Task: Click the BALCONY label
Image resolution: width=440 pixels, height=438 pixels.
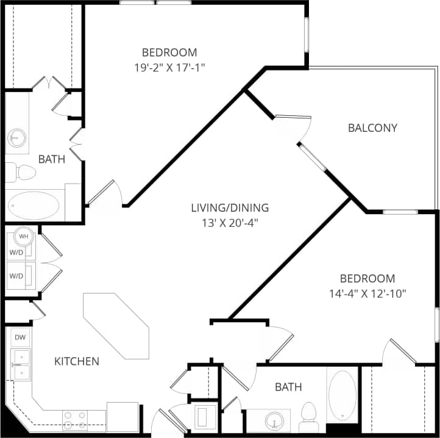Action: click(x=372, y=127)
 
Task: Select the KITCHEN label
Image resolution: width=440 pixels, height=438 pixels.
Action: click(x=77, y=361)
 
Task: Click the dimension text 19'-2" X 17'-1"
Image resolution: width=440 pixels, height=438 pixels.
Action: click(x=169, y=67)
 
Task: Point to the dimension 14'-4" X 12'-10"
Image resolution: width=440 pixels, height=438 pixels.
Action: click(x=367, y=293)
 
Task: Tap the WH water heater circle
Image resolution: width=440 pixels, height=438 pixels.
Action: click(x=24, y=236)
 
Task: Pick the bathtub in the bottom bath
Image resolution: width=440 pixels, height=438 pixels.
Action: click(x=343, y=395)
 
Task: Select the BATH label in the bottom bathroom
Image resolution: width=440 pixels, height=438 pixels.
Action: click(x=288, y=387)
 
